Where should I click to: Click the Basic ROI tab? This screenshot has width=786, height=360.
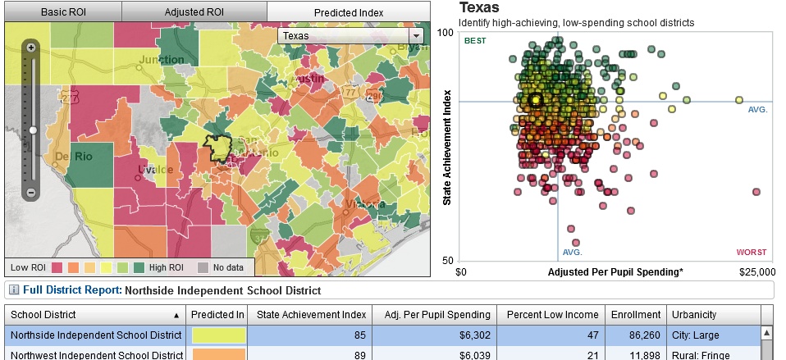coord(62,12)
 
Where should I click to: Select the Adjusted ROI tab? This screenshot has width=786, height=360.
coord(194,12)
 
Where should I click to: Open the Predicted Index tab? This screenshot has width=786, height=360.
coord(349,12)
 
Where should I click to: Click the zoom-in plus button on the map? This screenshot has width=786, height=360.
coord(31,48)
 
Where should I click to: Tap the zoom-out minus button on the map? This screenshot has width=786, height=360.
coord(31,193)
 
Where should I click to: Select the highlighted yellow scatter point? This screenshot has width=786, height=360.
coord(535,100)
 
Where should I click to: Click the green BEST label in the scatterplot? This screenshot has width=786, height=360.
coord(474,41)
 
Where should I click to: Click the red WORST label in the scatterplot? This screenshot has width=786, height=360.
coord(752,252)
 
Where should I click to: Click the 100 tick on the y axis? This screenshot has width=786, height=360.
coord(446,32)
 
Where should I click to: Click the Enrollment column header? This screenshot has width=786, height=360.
coord(636,314)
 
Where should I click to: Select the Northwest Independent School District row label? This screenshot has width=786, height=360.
coord(97,354)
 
